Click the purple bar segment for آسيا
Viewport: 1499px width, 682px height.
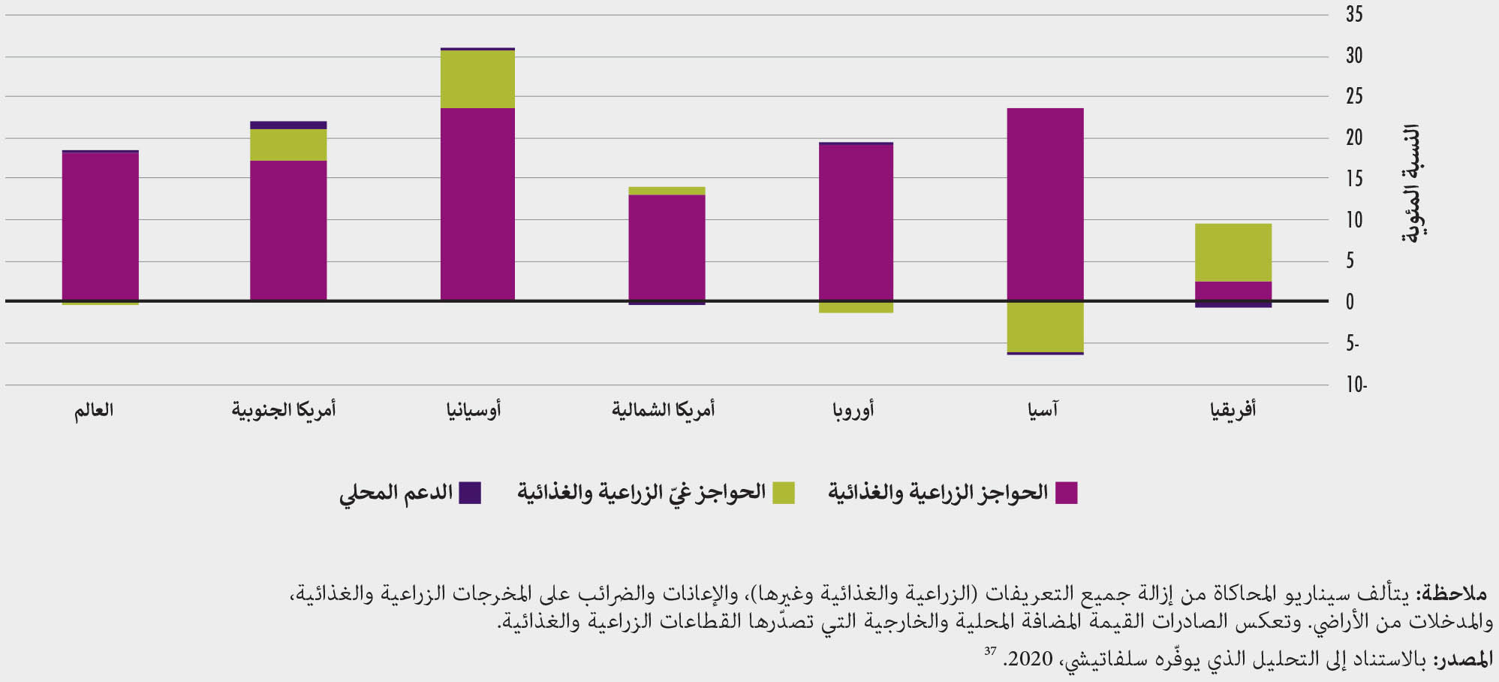(1045, 204)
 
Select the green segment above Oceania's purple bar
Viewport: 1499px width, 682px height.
(477, 79)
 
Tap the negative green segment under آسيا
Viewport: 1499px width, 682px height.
(1045, 327)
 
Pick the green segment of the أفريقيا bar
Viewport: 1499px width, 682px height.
(1233, 252)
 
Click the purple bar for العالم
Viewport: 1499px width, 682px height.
(100, 226)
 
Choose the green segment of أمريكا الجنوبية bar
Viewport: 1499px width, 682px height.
(288, 144)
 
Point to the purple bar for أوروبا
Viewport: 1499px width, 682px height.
(856, 222)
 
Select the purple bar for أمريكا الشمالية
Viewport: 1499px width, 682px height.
(667, 248)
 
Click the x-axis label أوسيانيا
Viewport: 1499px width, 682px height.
(474, 410)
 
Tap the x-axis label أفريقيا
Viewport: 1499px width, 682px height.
(1233, 410)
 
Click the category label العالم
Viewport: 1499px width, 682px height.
(94, 410)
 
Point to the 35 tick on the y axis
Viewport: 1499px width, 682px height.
(1354, 14)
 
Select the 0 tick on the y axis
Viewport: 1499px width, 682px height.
(1350, 302)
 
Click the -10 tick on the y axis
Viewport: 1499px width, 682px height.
(1356, 385)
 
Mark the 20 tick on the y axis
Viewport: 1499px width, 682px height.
(1354, 137)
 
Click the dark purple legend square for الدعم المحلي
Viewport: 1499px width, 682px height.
(470, 493)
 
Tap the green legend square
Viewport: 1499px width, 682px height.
(783, 493)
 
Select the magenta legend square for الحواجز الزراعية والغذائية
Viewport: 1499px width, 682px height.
(1066, 493)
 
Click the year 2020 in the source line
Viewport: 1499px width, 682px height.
(1031, 659)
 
